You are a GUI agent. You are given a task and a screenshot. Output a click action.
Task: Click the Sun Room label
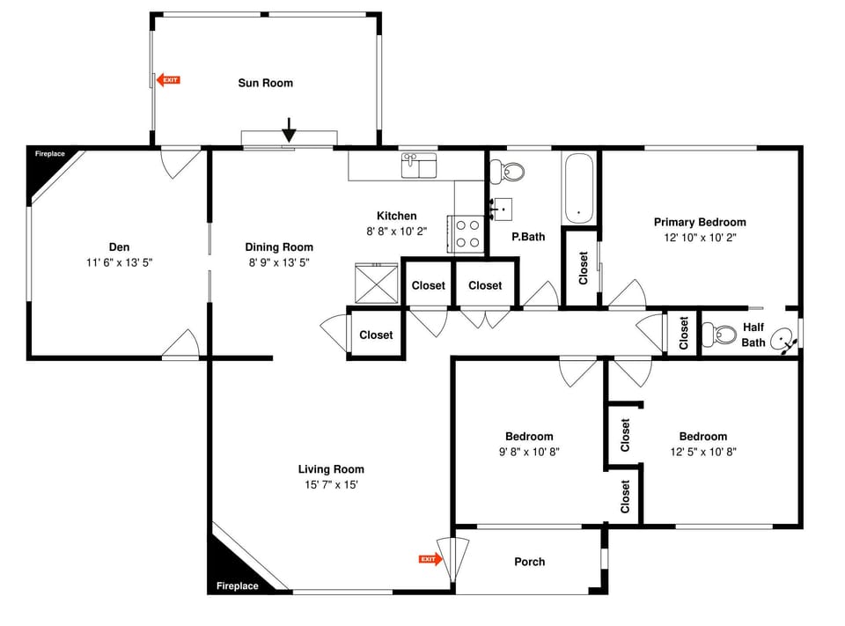pos(265,83)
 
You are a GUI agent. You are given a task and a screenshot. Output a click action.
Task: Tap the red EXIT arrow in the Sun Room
pos(168,80)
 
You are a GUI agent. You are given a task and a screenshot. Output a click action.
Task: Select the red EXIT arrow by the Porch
pos(429,559)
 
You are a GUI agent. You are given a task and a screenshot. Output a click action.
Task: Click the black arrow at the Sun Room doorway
pos(289,131)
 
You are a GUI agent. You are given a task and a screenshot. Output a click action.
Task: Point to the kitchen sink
pos(419,165)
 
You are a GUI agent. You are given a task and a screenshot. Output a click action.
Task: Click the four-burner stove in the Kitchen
pos(467,233)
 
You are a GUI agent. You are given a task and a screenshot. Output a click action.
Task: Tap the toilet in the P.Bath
pos(508,170)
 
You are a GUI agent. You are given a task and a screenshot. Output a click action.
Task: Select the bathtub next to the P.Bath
pos(578,187)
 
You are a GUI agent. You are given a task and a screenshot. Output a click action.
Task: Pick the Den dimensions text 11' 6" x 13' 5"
pos(119,262)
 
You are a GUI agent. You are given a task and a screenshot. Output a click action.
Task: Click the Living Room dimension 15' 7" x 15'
pos(331,485)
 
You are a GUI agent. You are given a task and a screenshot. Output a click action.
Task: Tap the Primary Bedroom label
pos(700,222)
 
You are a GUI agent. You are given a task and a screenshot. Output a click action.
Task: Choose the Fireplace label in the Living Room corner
pos(238,585)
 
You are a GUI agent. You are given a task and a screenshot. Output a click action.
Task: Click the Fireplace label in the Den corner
pos(50,154)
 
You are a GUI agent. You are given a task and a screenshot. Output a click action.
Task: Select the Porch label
pos(529,562)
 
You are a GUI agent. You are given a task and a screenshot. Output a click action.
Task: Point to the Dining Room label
pos(279,247)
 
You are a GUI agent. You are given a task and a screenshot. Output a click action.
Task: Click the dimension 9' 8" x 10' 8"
pos(529,452)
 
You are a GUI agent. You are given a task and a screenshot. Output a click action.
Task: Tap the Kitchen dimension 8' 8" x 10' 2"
pos(396,232)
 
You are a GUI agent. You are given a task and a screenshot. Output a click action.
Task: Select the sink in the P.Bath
pos(502,208)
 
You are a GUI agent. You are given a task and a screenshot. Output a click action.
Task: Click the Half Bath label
pos(753,335)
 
